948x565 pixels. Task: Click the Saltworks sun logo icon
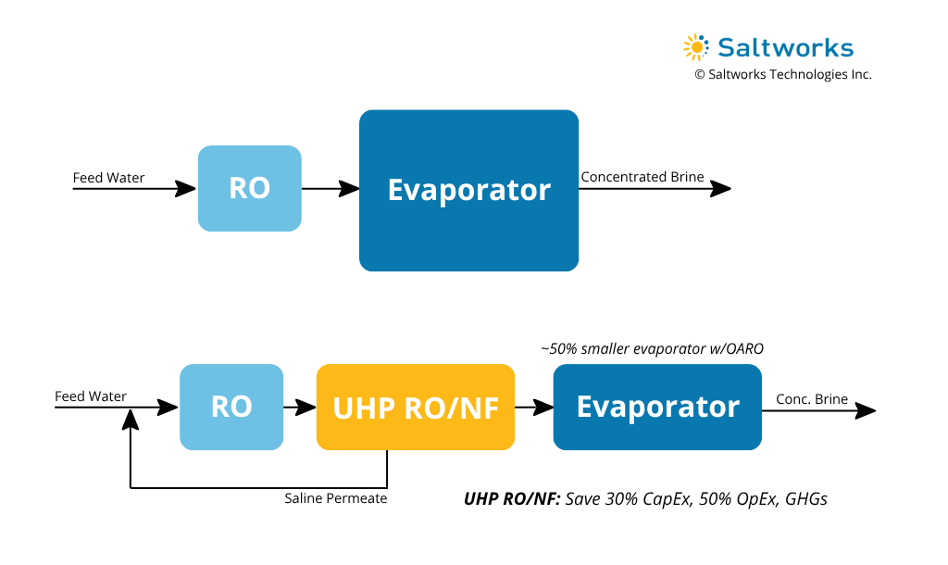(x=695, y=47)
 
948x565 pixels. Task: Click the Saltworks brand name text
(x=785, y=48)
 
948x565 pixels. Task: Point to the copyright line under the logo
(x=783, y=75)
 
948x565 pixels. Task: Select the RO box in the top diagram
(x=249, y=188)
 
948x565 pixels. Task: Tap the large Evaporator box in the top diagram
(x=468, y=190)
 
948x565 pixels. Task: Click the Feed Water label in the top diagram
(x=109, y=178)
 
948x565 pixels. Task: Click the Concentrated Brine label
(x=642, y=177)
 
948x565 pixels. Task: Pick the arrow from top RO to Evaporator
(x=331, y=189)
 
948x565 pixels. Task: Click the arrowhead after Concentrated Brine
(x=721, y=189)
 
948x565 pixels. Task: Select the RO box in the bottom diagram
(x=231, y=407)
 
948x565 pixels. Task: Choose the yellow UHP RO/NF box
(x=415, y=407)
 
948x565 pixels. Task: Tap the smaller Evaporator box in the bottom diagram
(x=657, y=407)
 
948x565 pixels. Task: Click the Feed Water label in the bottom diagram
(x=91, y=396)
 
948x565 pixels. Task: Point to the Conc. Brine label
(x=812, y=399)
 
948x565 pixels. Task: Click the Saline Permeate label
(x=335, y=498)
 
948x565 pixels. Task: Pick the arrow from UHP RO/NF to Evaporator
(x=533, y=407)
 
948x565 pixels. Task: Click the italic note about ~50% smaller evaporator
(x=652, y=348)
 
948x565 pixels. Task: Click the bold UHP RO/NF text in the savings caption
(x=512, y=498)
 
